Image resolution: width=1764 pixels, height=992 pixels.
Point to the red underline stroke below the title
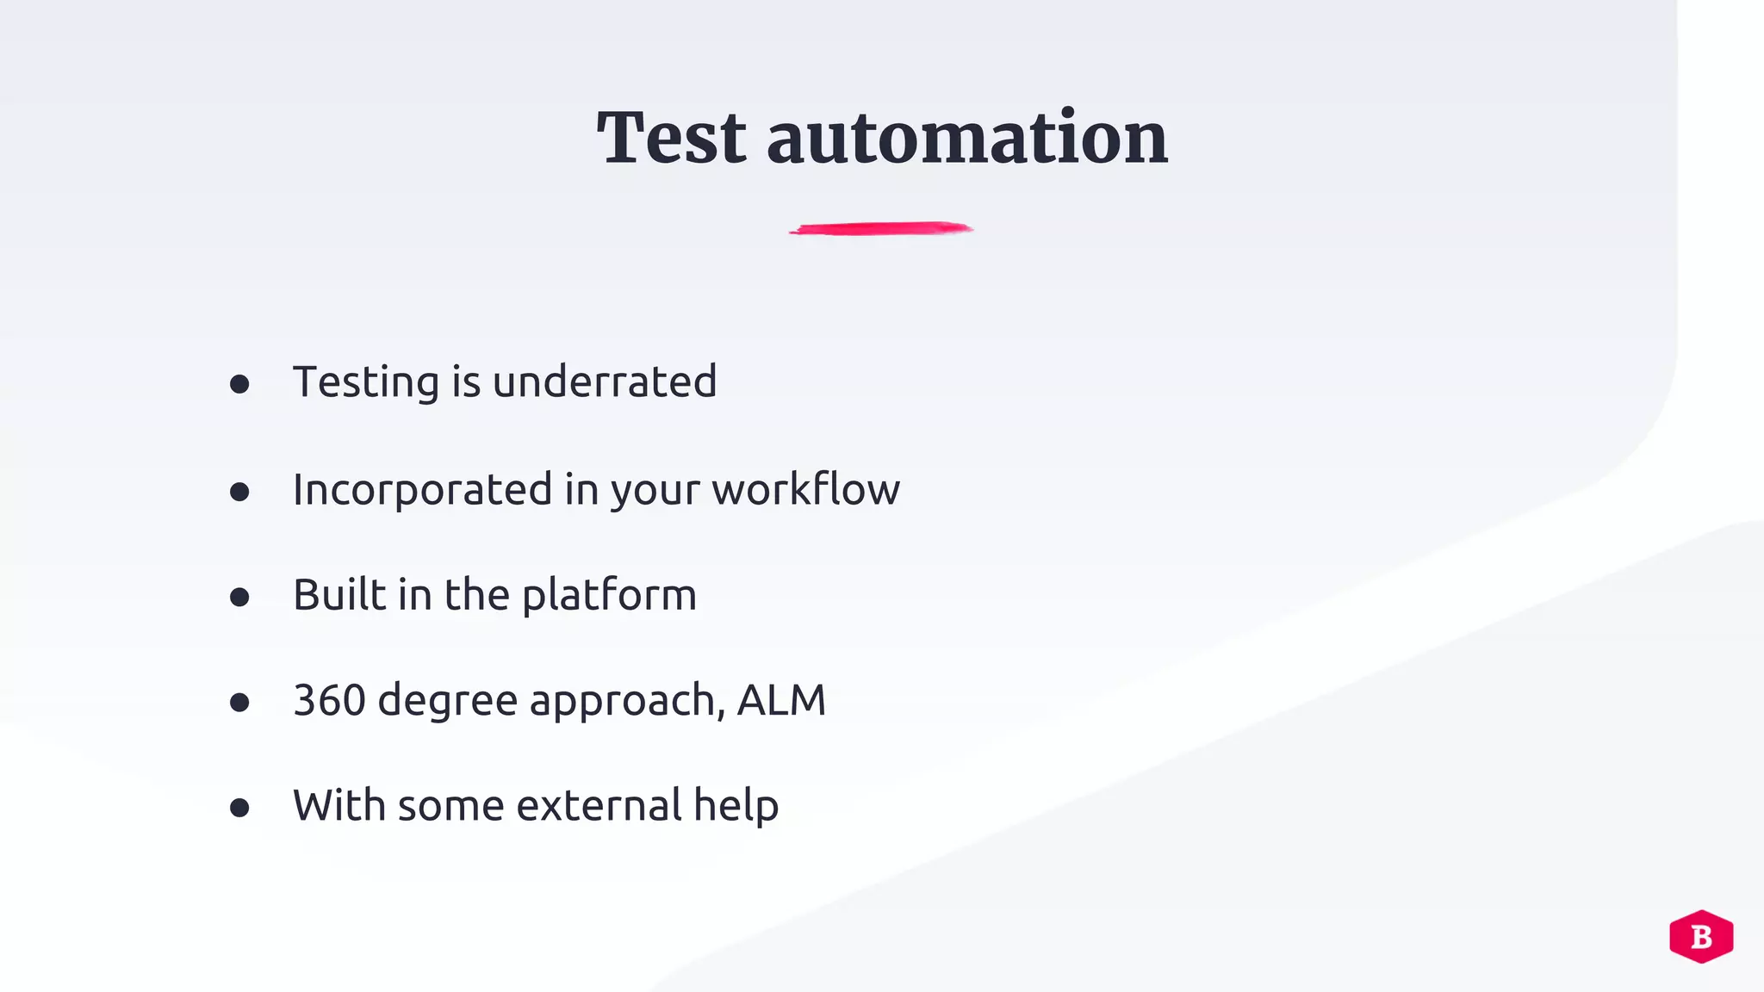pos(881,228)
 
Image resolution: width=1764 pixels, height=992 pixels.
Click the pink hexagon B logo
pos(1701,936)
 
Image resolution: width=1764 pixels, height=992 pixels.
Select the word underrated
pos(605,381)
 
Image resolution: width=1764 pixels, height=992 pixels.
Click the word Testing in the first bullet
pos(366,383)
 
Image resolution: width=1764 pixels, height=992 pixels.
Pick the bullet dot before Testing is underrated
pos(239,384)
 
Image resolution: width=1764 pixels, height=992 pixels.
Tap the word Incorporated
pos(422,490)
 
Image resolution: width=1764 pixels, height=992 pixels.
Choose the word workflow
pos(805,489)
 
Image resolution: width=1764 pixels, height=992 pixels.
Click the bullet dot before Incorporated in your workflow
pos(239,492)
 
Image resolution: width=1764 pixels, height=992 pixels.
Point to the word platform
pos(609,596)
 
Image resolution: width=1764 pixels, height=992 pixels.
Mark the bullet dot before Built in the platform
pos(239,597)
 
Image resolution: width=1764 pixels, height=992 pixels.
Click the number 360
pos(329,700)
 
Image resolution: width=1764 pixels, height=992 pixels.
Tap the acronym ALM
pos(781,700)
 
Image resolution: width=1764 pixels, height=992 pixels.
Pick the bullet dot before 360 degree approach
pos(239,703)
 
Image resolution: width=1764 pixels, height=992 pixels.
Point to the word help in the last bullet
pos(736,807)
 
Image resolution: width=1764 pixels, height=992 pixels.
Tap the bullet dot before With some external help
pos(239,808)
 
